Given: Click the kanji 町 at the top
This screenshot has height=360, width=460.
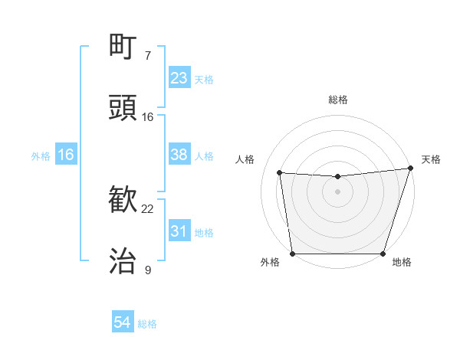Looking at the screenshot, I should click(x=123, y=47).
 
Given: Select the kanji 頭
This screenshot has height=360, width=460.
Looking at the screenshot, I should click(x=123, y=108).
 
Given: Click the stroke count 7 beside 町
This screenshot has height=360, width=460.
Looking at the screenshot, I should click(x=148, y=55).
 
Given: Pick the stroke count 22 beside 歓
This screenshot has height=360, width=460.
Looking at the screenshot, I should click(x=148, y=208).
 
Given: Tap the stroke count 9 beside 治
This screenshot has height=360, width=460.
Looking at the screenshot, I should click(x=148, y=270).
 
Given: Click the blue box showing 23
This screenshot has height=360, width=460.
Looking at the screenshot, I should click(x=179, y=78).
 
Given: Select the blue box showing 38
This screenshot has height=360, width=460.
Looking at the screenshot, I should click(x=179, y=155).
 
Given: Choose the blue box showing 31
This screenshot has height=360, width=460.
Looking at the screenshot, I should click(x=179, y=231).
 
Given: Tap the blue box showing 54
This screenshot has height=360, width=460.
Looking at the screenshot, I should click(x=123, y=323).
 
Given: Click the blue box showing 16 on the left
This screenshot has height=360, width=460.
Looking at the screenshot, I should click(x=66, y=155).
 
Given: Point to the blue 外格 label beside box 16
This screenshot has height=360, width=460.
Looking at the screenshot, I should click(x=41, y=155).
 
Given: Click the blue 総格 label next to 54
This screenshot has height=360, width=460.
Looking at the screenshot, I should click(x=147, y=324).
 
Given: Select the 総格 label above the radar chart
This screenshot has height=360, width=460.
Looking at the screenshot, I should click(x=337, y=100).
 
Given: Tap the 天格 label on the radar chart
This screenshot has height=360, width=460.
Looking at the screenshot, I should click(x=431, y=159).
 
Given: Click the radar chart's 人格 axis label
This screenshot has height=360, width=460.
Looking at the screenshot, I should click(x=245, y=159).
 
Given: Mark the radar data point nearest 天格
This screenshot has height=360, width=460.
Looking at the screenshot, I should click(x=409, y=169).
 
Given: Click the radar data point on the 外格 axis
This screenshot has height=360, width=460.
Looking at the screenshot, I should click(x=292, y=253).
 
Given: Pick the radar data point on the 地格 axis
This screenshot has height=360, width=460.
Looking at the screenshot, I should click(x=383, y=253).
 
